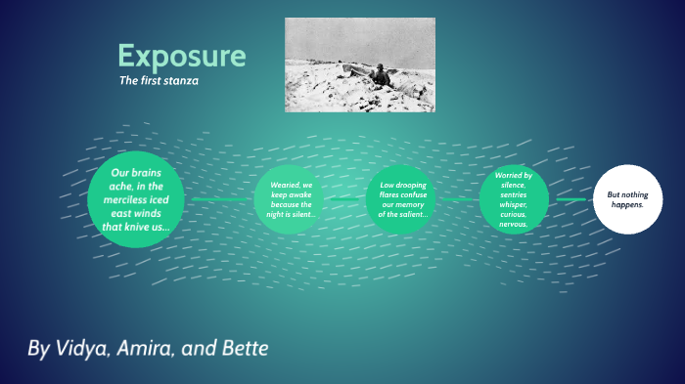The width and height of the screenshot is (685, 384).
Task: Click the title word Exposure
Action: pyautogui.click(x=182, y=55)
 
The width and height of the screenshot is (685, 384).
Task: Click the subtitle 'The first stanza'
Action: pyautogui.click(x=159, y=81)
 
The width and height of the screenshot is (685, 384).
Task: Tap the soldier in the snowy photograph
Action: pyautogui.click(x=378, y=75)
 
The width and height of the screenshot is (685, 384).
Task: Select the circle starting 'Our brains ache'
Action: pyautogui.click(x=136, y=200)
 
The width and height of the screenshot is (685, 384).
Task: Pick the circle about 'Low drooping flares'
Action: pyautogui.click(x=402, y=200)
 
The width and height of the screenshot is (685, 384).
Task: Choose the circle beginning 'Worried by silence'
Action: pyautogui.click(x=514, y=200)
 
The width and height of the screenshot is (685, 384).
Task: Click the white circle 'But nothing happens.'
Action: pyautogui.click(x=627, y=199)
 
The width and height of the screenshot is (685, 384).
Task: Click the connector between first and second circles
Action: pyautogui.click(x=220, y=200)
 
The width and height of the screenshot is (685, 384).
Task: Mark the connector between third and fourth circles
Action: pyautogui.click(x=457, y=200)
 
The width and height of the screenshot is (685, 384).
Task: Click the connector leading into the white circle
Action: pyautogui.click(x=571, y=199)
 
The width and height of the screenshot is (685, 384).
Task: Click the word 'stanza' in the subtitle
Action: pyautogui.click(x=182, y=81)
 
